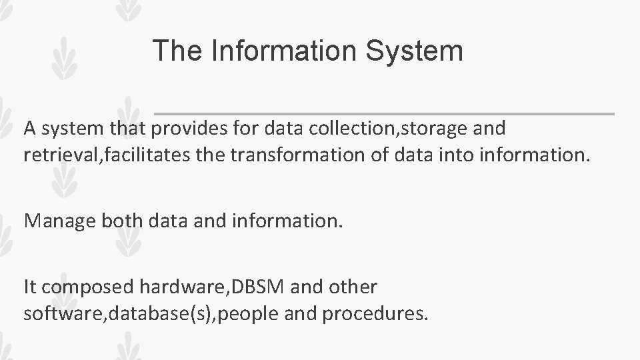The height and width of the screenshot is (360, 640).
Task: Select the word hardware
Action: (182, 287)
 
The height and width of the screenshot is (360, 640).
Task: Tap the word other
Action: (353, 287)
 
